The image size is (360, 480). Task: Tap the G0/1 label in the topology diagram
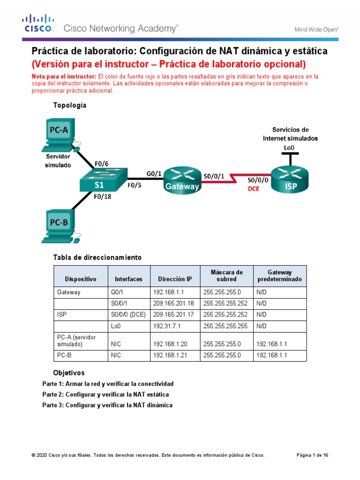pyautogui.click(x=154, y=173)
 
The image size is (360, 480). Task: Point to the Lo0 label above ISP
pyautogui.click(x=290, y=148)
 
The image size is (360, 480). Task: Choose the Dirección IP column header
pyautogui.click(x=175, y=279)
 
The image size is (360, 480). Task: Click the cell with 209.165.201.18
pyautogui.click(x=175, y=304)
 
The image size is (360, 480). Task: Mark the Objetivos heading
pyautogui.click(x=69, y=373)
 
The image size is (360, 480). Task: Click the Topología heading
pyautogui.click(x=70, y=105)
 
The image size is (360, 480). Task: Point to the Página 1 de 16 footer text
pyautogui.click(x=313, y=455)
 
